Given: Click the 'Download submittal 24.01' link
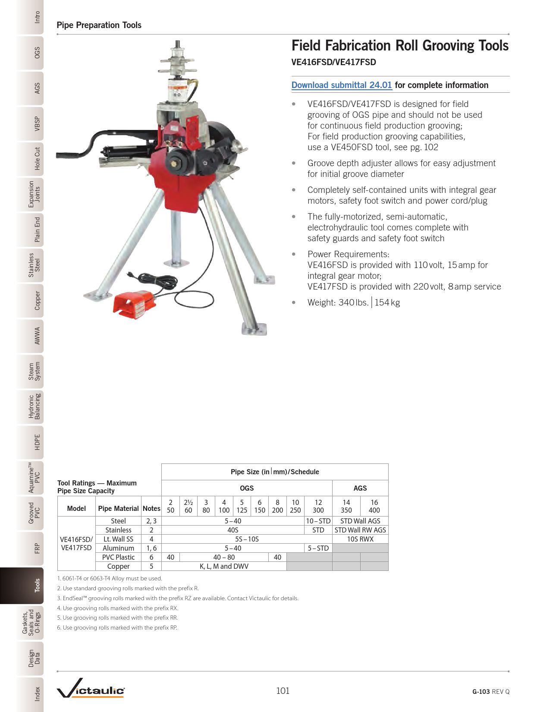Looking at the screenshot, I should point(342,85).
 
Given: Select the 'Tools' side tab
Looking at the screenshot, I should point(38,585).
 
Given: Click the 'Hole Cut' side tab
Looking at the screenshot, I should point(38,158).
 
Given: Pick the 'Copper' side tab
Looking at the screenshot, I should point(38,300).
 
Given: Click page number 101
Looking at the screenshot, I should point(283,691).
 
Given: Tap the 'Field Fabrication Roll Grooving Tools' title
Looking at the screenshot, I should point(400,46).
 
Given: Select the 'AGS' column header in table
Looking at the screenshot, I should point(360,488).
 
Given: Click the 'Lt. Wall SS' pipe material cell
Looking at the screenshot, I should point(118,539).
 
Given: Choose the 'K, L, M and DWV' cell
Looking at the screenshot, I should point(224,566).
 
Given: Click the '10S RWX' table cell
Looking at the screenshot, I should point(360,539).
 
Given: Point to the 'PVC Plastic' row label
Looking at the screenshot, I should point(118,557).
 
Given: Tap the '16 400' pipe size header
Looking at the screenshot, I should point(374,506).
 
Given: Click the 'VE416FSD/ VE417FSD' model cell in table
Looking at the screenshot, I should point(76,543).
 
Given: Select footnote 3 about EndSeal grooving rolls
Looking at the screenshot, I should point(178,598).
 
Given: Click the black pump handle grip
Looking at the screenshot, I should point(69,154).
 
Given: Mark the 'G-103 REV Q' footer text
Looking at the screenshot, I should point(490,691).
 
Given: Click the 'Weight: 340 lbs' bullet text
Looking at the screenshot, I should point(353,302).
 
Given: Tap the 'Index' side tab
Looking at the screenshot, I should point(38,693).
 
